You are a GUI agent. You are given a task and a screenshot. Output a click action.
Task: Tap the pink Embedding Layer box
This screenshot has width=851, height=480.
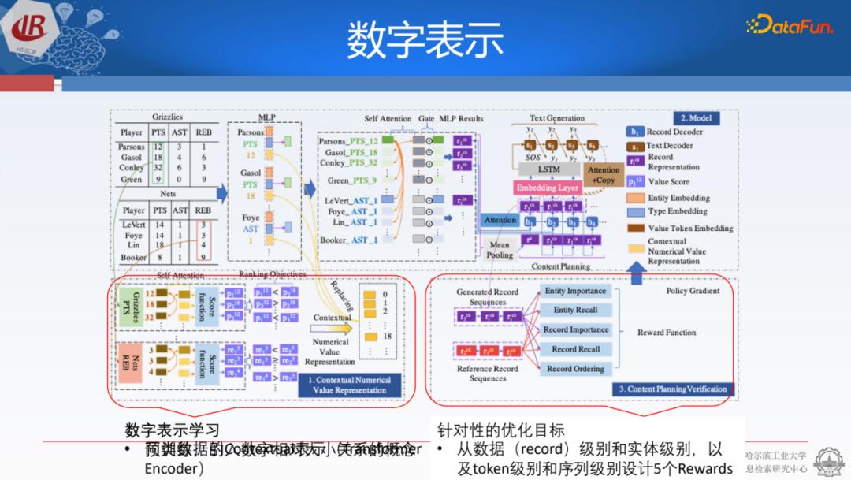point(548,188)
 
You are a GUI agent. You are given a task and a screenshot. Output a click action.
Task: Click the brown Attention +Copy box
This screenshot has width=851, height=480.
point(603,175)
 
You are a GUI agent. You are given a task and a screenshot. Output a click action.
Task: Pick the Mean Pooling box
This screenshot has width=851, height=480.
point(500,250)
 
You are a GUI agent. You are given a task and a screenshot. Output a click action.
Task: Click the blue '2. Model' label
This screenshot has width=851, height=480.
point(696,118)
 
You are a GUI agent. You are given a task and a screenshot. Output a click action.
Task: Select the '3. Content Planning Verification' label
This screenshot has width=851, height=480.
point(672,389)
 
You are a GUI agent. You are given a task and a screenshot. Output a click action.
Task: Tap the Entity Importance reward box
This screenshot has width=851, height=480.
point(576,292)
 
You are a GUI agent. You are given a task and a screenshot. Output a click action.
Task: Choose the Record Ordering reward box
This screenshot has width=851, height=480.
point(576,369)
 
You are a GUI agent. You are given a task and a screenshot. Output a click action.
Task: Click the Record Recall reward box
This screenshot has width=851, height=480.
point(576,349)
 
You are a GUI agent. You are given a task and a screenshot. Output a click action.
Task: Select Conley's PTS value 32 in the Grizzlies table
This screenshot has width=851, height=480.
point(158,168)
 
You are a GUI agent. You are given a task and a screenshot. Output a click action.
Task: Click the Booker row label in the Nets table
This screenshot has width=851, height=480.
point(133,257)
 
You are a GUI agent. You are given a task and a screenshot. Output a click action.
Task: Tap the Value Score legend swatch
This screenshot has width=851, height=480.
point(634,182)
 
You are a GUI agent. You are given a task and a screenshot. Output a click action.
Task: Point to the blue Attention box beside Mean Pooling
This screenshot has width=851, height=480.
point(500,221)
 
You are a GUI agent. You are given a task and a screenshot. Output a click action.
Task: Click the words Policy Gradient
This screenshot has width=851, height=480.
point(693,291)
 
